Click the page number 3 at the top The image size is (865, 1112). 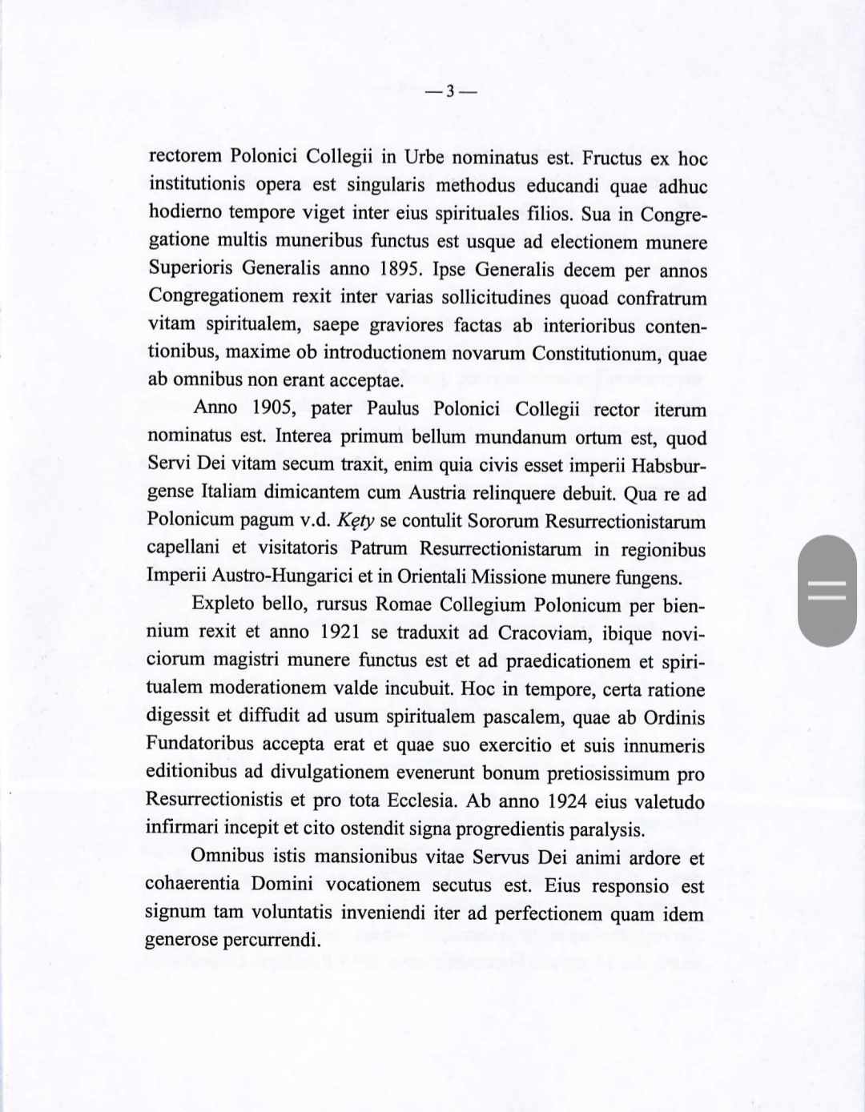click(450, 91)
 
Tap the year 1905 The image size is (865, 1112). click(274, 407)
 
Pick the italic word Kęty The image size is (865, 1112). click(356, 520)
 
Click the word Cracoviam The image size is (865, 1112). click(542, 633)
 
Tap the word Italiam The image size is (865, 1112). click(228, 492)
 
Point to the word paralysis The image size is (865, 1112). click(607, 829)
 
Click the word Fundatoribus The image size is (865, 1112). click(199, 744)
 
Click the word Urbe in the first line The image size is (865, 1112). click(424, 157)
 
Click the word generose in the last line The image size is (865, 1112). click(181, 940)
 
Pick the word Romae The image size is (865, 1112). click(404, 604)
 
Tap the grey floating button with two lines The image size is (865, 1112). click(827, 591)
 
